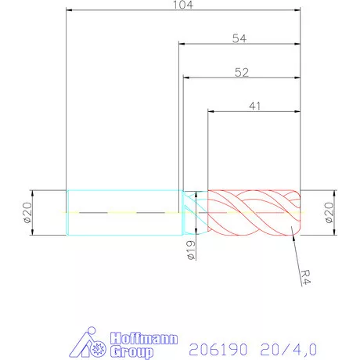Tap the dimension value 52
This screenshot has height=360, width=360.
[242, 72]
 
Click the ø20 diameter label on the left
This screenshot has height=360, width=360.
[26, 212]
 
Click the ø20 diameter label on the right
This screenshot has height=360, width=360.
[328, 212]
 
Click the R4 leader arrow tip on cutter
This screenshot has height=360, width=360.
[291, 228]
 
